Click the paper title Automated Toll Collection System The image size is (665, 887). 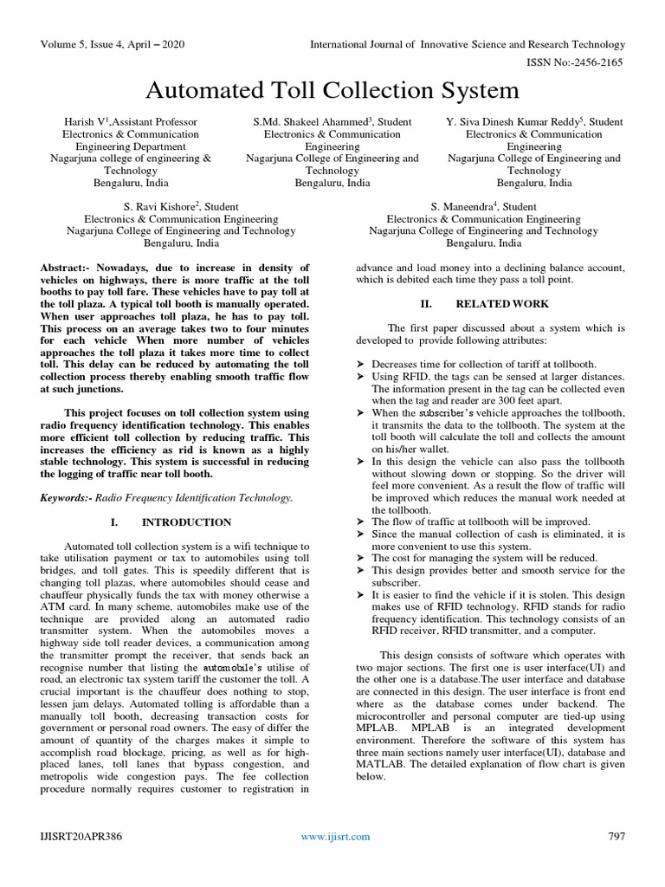pos(332,90)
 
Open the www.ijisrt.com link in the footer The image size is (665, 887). pos(335,837)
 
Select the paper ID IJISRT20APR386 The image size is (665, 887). pos(81,836)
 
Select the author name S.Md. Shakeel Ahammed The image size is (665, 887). pos(307,122)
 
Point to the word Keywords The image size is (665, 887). pos(66,498)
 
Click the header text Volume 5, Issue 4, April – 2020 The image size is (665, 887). pos(112,43)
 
